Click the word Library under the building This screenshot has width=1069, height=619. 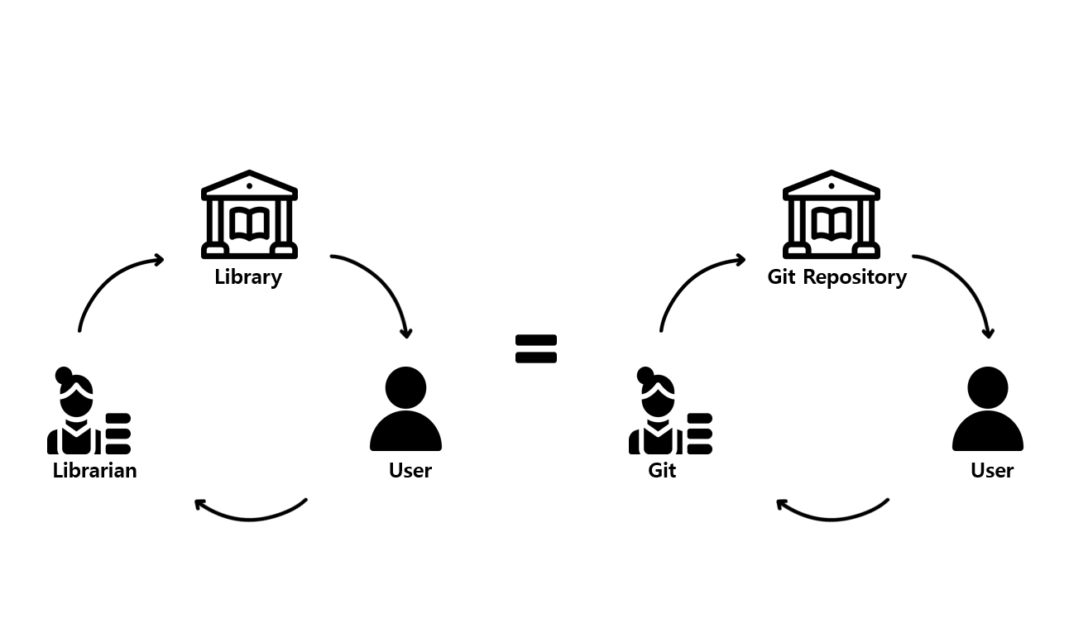click(x=248, y=277)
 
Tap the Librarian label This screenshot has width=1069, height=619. click(x=94, y=471)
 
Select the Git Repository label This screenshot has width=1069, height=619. click(x=837, y=277)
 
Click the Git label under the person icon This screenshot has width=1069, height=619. click(x=662, y=471)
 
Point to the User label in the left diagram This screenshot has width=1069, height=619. click(x=410, y=471)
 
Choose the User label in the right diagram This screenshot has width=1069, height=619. click(x=992, y=471)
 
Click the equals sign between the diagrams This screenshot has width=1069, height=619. click(x=536, y=349)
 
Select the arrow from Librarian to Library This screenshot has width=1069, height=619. click(x=112, y=281)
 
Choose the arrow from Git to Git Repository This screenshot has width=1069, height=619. click(x=693, y=281)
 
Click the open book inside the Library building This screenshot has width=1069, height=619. click(x=249, y=223)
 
